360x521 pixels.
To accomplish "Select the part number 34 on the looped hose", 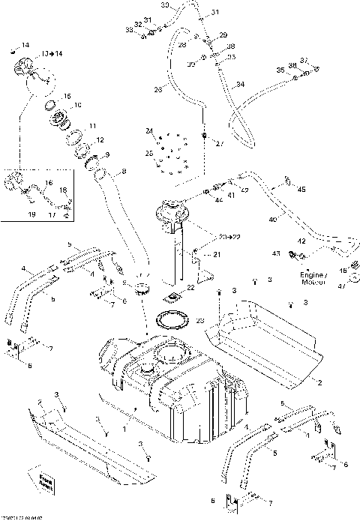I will (241, 86).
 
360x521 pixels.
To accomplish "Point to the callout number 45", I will (301, 190).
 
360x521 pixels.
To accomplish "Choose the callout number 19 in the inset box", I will (11, 214).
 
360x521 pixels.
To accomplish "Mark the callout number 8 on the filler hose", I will (124, 172).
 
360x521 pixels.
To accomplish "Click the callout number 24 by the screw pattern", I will (148, 132).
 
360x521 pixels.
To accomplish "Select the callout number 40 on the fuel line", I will (272, 220).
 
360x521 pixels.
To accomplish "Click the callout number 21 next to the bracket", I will (217, 255).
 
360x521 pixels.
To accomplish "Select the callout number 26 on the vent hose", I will (158, 90).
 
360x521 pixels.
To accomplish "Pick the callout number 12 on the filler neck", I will (100, 140).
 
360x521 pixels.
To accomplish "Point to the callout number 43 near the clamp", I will (276, 255).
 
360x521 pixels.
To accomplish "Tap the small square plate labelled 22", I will (177, 295).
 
